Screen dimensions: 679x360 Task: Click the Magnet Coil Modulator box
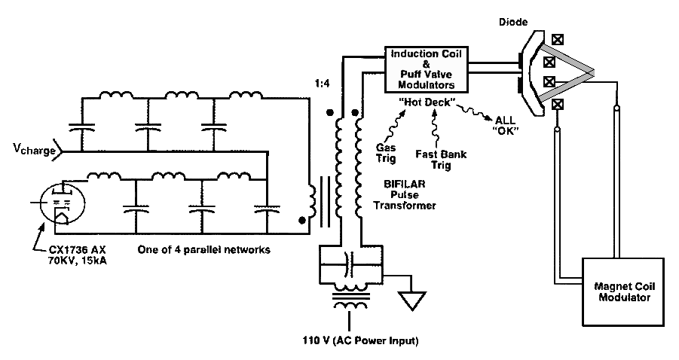(x=622, y=291)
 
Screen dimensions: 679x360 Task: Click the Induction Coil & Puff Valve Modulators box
(x=427, y=69)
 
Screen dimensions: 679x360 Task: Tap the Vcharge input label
(x=34, y=149)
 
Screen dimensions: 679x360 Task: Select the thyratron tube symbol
(x=62, y=203)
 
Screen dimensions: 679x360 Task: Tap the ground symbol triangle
(x=411, y=301)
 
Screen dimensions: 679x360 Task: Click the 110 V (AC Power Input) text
(x=360, y=340)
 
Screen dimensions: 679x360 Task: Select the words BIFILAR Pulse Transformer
(x=405, y=195)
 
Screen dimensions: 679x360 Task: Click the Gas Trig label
(x=386, y=153)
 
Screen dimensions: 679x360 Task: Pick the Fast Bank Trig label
(x=441, y=159)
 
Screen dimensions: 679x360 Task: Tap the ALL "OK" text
(x=506, y=126)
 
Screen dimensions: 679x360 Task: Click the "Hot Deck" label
(x=427, y=102)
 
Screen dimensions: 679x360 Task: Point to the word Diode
(x=513, y=22)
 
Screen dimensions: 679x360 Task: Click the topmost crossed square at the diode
(x=558, y=40)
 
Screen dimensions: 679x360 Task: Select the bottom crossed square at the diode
(x=558, y=104)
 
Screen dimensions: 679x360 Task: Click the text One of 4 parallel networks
(x=204, y=249)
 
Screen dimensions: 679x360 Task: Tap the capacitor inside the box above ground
(x=350, y=264)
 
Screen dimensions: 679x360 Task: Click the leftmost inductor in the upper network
(x=117, y=95)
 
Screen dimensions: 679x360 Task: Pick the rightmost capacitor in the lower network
(x=267, y=209)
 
